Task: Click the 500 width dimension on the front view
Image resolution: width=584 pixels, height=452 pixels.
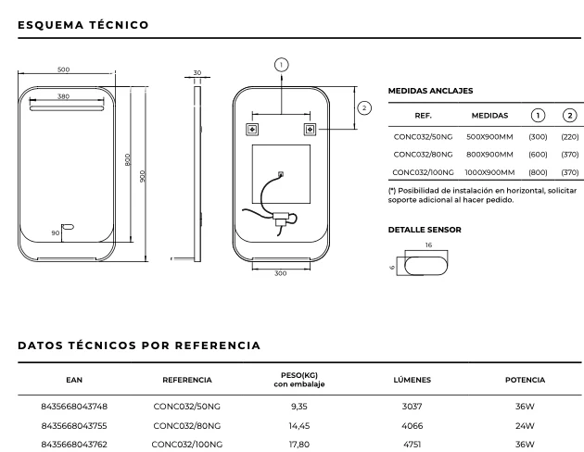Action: tap(64, 69)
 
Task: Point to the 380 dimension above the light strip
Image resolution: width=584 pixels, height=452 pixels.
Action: tap(63, 96)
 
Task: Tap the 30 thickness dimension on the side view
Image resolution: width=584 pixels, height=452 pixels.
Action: tap(197, 73)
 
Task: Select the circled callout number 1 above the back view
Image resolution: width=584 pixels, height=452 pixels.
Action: tap(281, 65)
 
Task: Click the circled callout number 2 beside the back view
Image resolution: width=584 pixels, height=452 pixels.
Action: tap(364, 107)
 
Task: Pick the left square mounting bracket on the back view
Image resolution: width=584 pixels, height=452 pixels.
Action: tap(252, 130)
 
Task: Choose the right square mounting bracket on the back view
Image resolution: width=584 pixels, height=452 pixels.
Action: tap(310, 130)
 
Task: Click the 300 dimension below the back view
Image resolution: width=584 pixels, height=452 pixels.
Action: tap(281, 273)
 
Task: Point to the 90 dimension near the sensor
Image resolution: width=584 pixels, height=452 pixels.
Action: tap(56, 232)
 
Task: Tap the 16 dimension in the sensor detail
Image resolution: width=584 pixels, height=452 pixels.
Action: tap(428, 245)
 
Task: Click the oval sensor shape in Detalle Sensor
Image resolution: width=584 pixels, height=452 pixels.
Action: tap(425, 266)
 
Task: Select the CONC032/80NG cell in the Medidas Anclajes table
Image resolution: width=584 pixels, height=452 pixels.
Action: tap(423, 155)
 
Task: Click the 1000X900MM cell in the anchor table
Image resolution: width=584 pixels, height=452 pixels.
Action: tap(489, 172)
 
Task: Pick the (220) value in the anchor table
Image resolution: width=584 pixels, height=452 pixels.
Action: tap(570, 137)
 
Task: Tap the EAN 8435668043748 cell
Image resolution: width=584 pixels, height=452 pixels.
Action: tap(74, 407)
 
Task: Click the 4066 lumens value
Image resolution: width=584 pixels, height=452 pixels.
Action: tap(412, 425)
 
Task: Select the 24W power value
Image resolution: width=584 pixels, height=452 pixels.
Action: tap(525, 425)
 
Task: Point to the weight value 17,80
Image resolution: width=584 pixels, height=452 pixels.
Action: tap(299, 445)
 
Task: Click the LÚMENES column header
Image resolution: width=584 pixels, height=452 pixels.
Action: tap(412, 380)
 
